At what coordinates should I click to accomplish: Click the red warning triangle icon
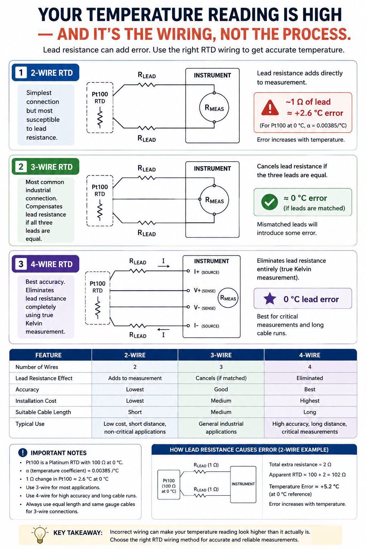click(x=269, y=108)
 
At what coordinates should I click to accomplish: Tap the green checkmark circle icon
click(x=269, y=202)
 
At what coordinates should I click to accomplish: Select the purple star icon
click(x=269, y=298)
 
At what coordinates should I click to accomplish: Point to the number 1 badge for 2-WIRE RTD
click(x=21, y=73)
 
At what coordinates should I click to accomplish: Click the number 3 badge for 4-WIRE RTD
click(x=21, y=264)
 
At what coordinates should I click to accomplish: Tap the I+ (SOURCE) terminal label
click(x=207, y=272)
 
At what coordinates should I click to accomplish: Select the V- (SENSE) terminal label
click(x=205, y=308)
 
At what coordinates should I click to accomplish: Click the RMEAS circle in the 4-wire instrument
click(x=228, y=298)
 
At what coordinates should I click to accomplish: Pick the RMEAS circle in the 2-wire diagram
click(x=214, y=107)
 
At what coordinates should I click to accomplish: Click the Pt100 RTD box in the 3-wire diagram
click(x=100, y=201)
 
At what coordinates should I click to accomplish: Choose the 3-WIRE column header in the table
click(x=221, y=355)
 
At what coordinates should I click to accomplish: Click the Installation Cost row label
click(x=36, y=401)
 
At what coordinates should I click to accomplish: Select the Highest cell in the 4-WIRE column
click(x=310, y=401)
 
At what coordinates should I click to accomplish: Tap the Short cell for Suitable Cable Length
click(x=135, y=412)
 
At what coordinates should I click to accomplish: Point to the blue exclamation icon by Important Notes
click(x=23, y=452)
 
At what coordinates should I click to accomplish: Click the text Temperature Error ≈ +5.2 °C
click(x=304, y=486)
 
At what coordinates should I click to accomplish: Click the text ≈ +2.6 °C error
click(x=315, y=113)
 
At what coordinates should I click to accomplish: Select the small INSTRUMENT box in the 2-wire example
click(x=243, y=484)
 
